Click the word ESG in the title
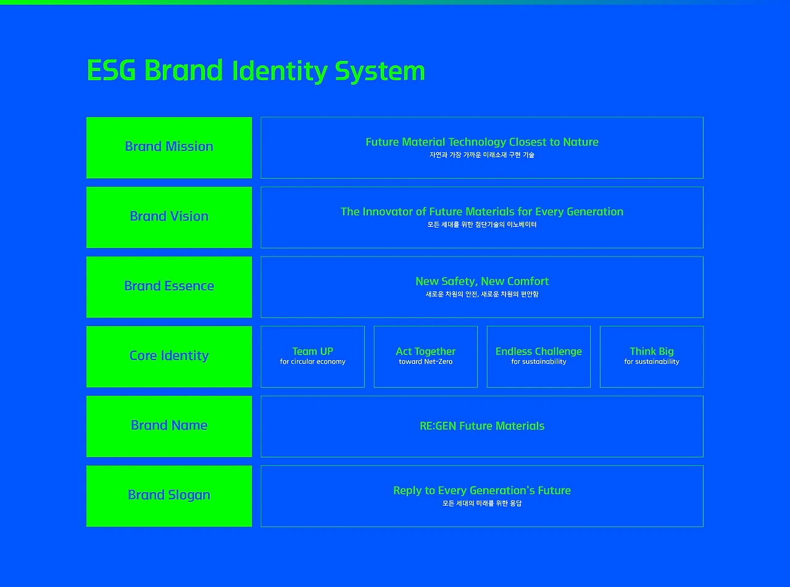(x=111, y=70)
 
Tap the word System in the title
(x=380, y=72)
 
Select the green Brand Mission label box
(x=169, y=147)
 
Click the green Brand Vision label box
(x=169, y=217)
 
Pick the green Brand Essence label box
(x=169, y=287)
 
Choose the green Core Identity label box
(x=169, y=356)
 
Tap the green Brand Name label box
(x=169, y=426)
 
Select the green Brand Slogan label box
(x=169, y=496)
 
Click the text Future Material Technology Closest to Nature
(x=482, y=142)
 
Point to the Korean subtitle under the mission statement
(x=482, y=155)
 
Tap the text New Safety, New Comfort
(x=482, y=282)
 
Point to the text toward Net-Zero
(x=426, y=362)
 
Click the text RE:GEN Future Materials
(x=482, y=426)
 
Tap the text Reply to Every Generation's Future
(x=482, y=491)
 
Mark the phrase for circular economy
(x=313, y=362)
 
